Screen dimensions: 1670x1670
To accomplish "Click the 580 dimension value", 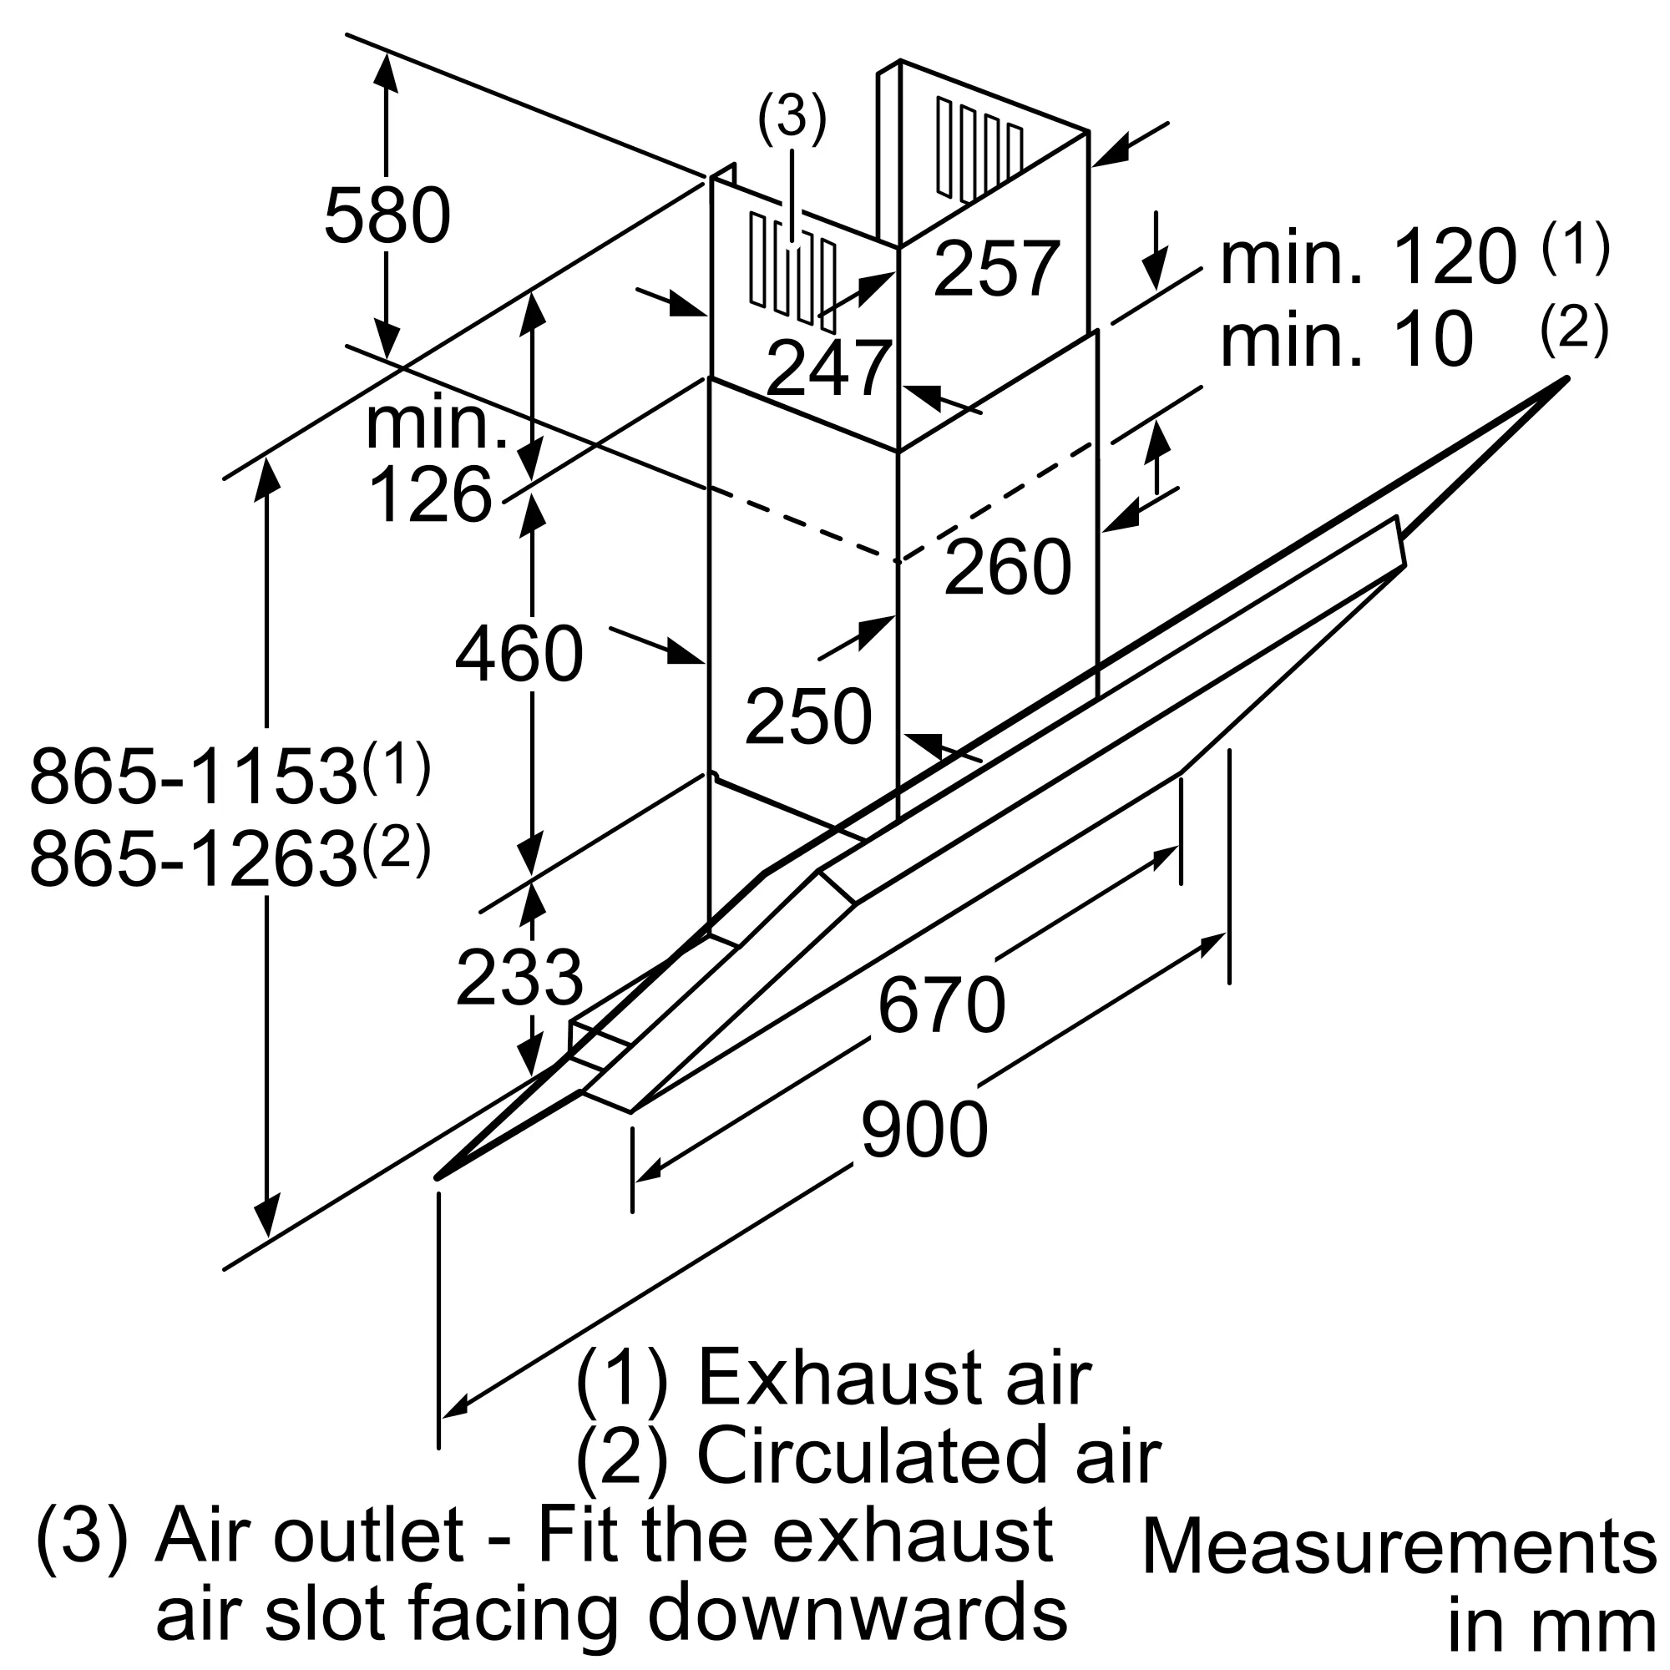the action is pyautogui.click(x=387, y=216).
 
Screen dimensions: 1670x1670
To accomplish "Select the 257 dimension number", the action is pyautogui.click(x=997, y=269).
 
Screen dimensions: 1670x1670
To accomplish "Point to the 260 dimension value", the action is pyautogui.click(x=1008, y=567).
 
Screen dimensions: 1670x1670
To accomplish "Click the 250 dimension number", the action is pyautogui.click(x=808, y=716).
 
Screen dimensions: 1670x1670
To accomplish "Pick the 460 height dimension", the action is pyautogui.click(x=519, y=655).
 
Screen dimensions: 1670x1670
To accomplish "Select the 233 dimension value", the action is pyautogui.click(x=519, y=978).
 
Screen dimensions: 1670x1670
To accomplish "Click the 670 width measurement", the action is pyautogui.click(x=941, y=1005).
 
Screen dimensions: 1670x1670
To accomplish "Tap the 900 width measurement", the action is pyautogui.click(x=924, y=1130).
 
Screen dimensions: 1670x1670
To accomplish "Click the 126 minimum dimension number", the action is pyautogui.click(x=429, y=495).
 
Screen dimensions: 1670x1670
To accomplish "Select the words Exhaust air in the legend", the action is pyautogui.click(x=893, y=1378).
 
